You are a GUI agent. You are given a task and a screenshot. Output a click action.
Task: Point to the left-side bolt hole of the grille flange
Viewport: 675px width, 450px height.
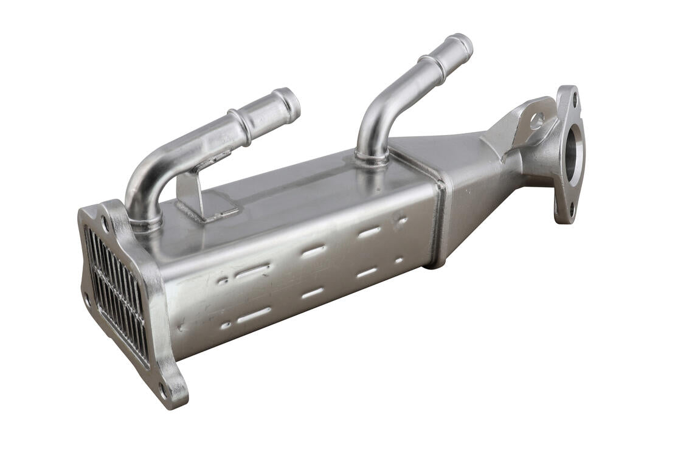[87, 298]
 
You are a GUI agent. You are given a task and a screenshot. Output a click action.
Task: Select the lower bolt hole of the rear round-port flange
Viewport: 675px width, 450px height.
[571, 210]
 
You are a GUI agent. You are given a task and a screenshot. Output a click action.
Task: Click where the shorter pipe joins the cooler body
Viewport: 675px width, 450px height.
[147, 222]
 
